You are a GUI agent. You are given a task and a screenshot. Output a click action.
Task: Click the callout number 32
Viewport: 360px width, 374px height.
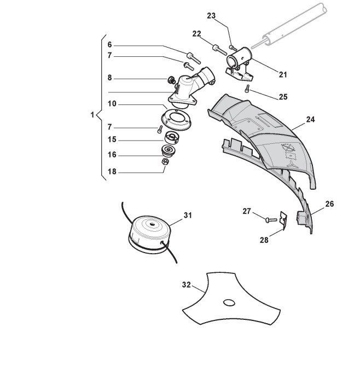tap(186, 285)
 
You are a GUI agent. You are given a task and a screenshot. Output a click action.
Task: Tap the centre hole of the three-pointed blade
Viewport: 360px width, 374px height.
tap(228, 302)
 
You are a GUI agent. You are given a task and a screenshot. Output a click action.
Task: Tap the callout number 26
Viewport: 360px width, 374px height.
tap(329, 204)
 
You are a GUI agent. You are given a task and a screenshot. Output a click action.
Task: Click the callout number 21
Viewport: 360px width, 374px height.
tap(282, 74)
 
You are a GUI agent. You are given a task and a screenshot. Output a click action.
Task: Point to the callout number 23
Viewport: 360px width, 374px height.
tap(211, 16)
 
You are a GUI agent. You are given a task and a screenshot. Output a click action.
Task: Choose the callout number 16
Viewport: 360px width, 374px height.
tap(111, 155)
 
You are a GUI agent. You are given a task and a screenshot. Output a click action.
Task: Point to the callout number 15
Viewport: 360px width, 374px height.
tap(111, 139)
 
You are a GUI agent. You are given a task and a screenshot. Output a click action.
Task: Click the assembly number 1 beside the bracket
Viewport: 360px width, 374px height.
tap(92, 115)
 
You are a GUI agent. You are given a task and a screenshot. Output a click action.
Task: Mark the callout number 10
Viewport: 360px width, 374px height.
tap(111, 103)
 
